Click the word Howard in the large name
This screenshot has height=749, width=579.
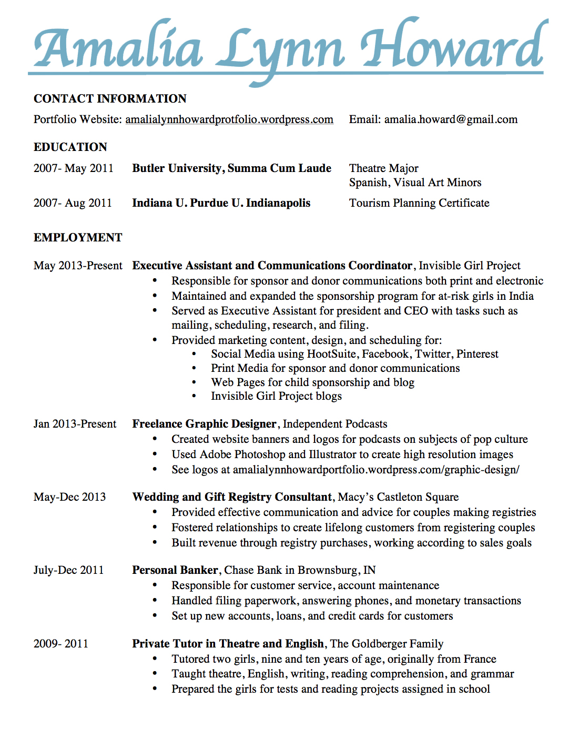click(452, 47)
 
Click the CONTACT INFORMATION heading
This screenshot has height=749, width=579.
click(110, 99)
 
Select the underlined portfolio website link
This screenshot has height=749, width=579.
click(229, 119)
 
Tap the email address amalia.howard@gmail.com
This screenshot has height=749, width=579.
click(451, 119)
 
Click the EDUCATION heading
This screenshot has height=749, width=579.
click(70, 147)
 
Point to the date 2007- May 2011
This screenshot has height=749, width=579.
click(74, 168)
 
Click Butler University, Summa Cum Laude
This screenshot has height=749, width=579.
click(231, 168)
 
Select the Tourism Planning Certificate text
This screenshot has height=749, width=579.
click(419, 203)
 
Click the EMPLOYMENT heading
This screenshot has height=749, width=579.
click(78, 238)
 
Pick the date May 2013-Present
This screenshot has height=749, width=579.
click(78, 266)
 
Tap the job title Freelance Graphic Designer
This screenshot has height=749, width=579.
click(204, 424)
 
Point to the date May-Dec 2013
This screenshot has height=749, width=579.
click(69, 497)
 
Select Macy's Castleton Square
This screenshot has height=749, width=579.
click(398, 497)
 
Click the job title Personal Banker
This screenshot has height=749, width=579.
click(175, 570)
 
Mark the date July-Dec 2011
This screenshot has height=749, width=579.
click(68, 570)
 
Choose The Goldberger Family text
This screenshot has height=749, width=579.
click(387, 644)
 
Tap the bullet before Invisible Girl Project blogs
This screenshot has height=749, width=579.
click(194, 396)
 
